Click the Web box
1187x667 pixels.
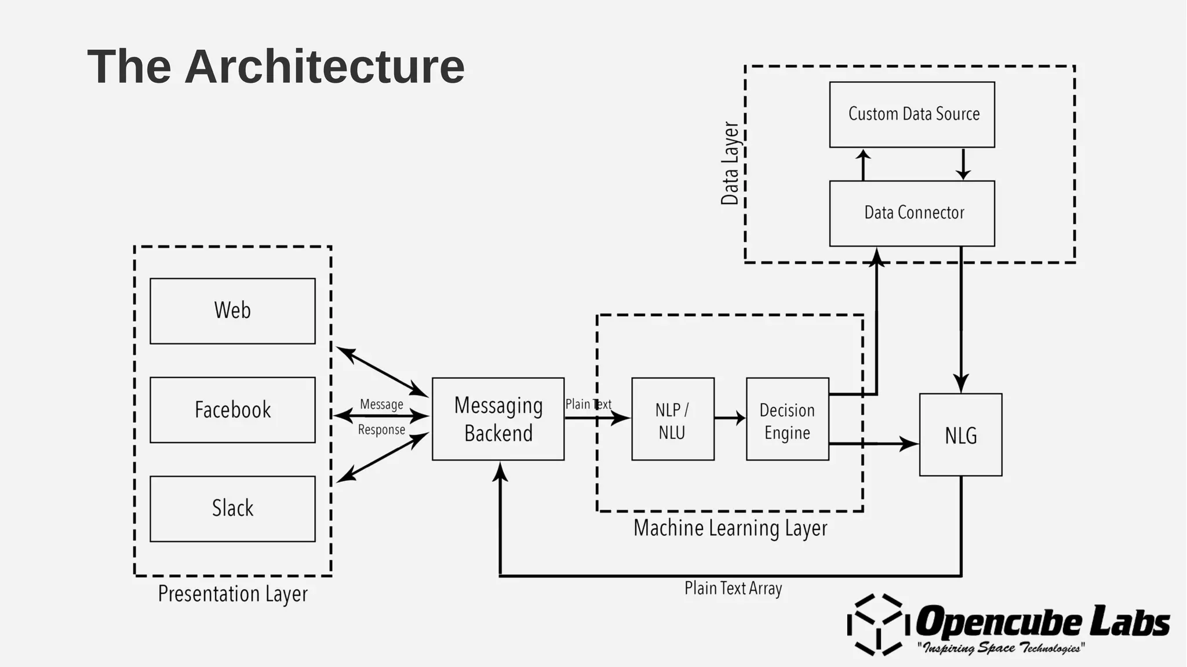[232, 311]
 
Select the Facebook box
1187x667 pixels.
[232, 410]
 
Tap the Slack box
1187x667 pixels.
[232, 509]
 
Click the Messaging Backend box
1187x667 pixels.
[498, 419]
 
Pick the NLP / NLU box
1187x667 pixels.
[672, 419]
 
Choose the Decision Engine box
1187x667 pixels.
[787, 419]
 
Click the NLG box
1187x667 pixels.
[960, 435]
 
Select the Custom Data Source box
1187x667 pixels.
[912, 114]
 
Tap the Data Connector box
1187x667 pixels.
[912, 213]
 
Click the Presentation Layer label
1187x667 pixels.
[232, 594]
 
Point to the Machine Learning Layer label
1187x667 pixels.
[730, 528]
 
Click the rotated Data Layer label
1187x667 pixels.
[730, 164]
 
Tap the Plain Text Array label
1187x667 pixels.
[733, 589]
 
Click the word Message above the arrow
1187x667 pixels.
[381, 404]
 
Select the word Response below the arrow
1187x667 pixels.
[381, 430]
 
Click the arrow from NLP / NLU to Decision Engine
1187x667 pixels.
[730, 418]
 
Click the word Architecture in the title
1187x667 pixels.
[325, 67]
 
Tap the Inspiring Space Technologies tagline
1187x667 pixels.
[1001, 648]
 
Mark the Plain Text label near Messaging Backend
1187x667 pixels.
[588, 404]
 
